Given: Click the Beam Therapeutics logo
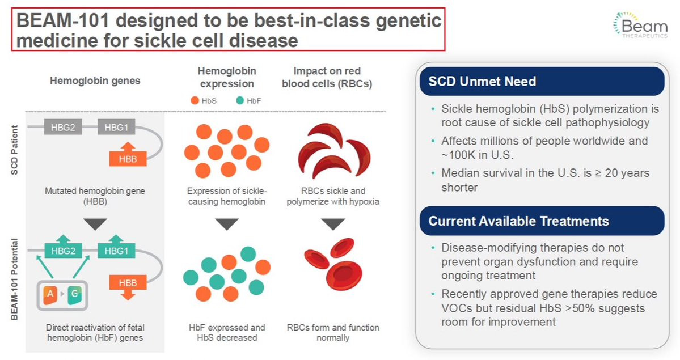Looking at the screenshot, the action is [x=640, y=25].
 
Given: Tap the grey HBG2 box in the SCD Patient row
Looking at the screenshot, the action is [x=63, y=128].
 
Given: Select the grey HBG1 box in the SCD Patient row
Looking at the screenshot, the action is [x=116, y=128].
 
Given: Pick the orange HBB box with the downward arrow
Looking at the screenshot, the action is [x=128, y=287].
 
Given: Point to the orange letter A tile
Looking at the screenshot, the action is [x=50, y=294].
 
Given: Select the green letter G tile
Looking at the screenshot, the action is [x=74, y=294].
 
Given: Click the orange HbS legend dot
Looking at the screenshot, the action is [x=195, y=100].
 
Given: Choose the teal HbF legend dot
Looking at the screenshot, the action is [x=240, y=100].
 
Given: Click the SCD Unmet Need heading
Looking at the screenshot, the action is [x=482, y=82].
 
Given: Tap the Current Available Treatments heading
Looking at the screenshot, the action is [x=519, y=221].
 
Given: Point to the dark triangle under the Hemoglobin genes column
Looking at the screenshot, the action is [x=95, y=225].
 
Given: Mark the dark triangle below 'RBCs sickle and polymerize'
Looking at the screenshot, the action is [x=333, y=225].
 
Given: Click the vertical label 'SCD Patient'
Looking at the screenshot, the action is [x=15, y=150].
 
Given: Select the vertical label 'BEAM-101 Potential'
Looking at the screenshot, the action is [x=15, y=279].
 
